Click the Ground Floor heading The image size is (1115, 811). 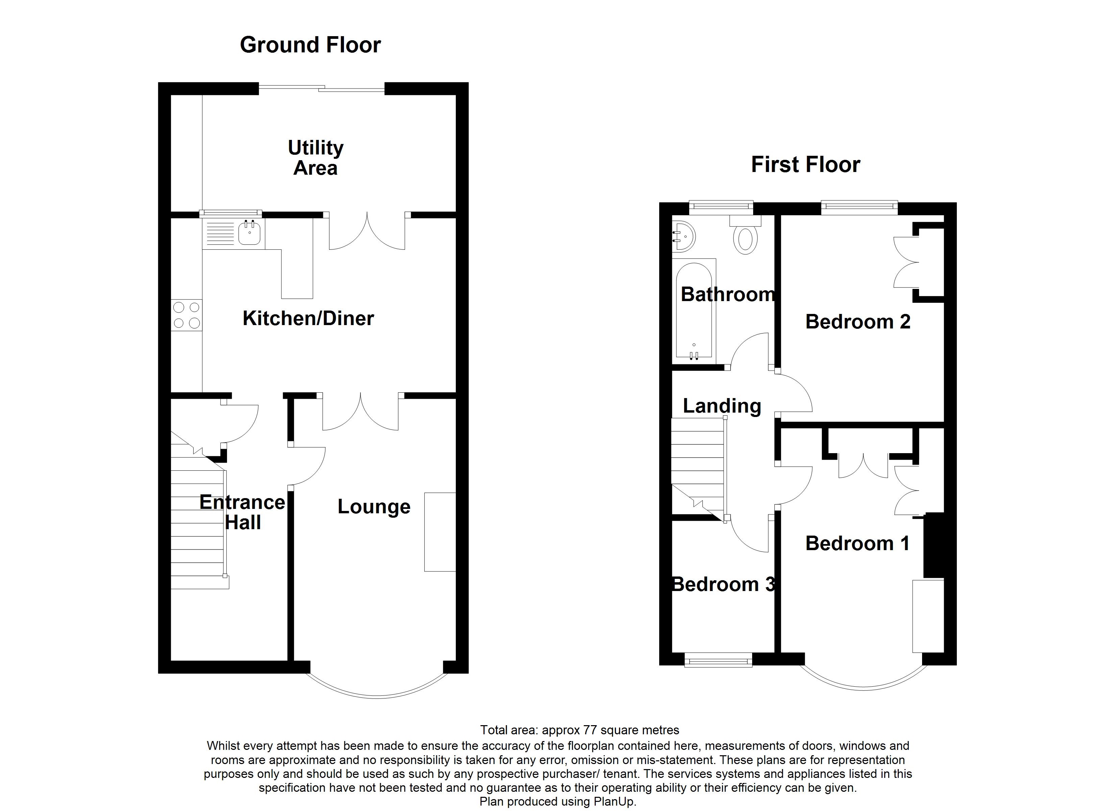pyautogui.click(x=310, y=45)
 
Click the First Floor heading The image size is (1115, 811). pyautogui.click(x=805, y=165)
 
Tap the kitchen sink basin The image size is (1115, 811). pyautogui.click(x=250, y=233)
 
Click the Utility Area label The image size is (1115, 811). pyautogui.click(x=315, y=158)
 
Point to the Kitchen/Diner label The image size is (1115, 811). pyautogui.click(x=308, y=319)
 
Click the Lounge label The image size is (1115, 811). pyautogui.click(x=374, y=507)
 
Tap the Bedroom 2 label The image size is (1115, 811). pyautogui.click(x=858, y=322)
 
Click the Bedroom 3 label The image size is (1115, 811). pyautogui.click(x=723, y=584)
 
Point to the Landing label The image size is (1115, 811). pyautogui.click(x=722, y=406)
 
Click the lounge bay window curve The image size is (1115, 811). pyautogui.click(x=377, y=695)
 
